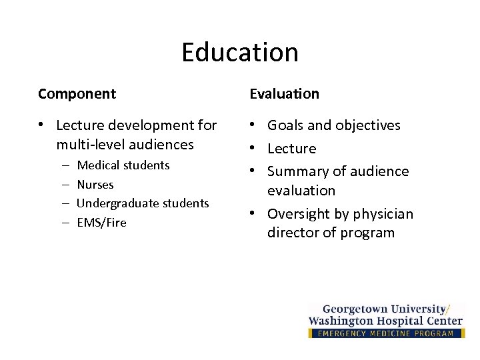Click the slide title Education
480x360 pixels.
(x=240, y=53)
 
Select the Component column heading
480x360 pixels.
(x=77, y=94)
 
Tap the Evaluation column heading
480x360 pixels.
(x=284, y=94)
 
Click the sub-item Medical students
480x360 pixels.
(x=123, y=165)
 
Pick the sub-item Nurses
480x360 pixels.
(x=95, y=185)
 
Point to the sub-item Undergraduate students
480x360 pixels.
(x=143, y=203)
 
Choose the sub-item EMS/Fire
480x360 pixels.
(x=101, y=223)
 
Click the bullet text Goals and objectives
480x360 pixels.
(x=333, y=125)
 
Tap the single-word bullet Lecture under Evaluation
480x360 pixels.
(x=291, y=149)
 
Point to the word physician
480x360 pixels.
(x=382, y=214)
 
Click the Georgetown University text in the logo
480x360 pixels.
(x=383, y=309)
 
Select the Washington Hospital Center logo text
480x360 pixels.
(x=385, y=321)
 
